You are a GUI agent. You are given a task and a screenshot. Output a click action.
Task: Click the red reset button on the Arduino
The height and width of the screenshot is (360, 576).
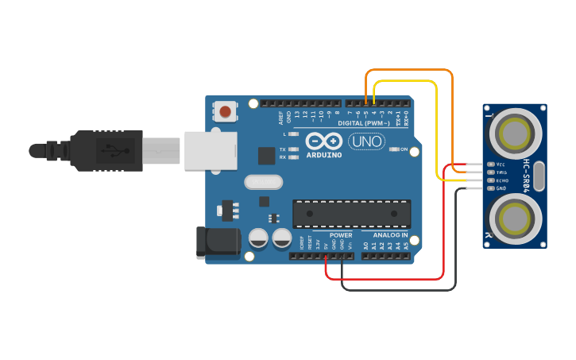(226, 111)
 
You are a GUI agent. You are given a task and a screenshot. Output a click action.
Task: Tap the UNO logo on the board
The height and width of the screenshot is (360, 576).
(366, 141)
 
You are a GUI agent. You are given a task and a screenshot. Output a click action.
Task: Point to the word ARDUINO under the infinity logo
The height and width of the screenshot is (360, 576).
(323, 155)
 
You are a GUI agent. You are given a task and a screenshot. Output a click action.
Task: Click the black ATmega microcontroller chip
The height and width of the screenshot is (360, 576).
(352, 214)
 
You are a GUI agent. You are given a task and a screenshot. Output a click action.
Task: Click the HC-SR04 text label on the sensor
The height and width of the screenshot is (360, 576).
(526, 176)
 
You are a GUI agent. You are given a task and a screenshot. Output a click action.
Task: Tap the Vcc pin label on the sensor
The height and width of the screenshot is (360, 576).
(501, 165)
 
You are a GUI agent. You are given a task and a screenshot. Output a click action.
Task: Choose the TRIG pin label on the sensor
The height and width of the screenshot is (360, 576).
(501, 172)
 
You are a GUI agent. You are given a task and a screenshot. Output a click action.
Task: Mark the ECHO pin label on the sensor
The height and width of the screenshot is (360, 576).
(502, 180)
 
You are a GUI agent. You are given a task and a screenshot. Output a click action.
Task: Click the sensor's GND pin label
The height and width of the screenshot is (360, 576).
(501, 188)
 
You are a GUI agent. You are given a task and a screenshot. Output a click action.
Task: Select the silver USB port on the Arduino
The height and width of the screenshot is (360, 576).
(211, 150)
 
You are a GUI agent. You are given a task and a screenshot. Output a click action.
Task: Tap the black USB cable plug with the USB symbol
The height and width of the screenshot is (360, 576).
(107, 149)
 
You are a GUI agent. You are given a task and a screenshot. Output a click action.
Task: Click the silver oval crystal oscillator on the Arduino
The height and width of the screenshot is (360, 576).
(264, 183)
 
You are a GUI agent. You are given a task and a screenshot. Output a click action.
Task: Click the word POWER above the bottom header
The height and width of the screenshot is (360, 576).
(341, 235)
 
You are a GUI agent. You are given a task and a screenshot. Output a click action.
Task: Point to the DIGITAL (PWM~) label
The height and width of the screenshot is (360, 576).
(363, 123)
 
